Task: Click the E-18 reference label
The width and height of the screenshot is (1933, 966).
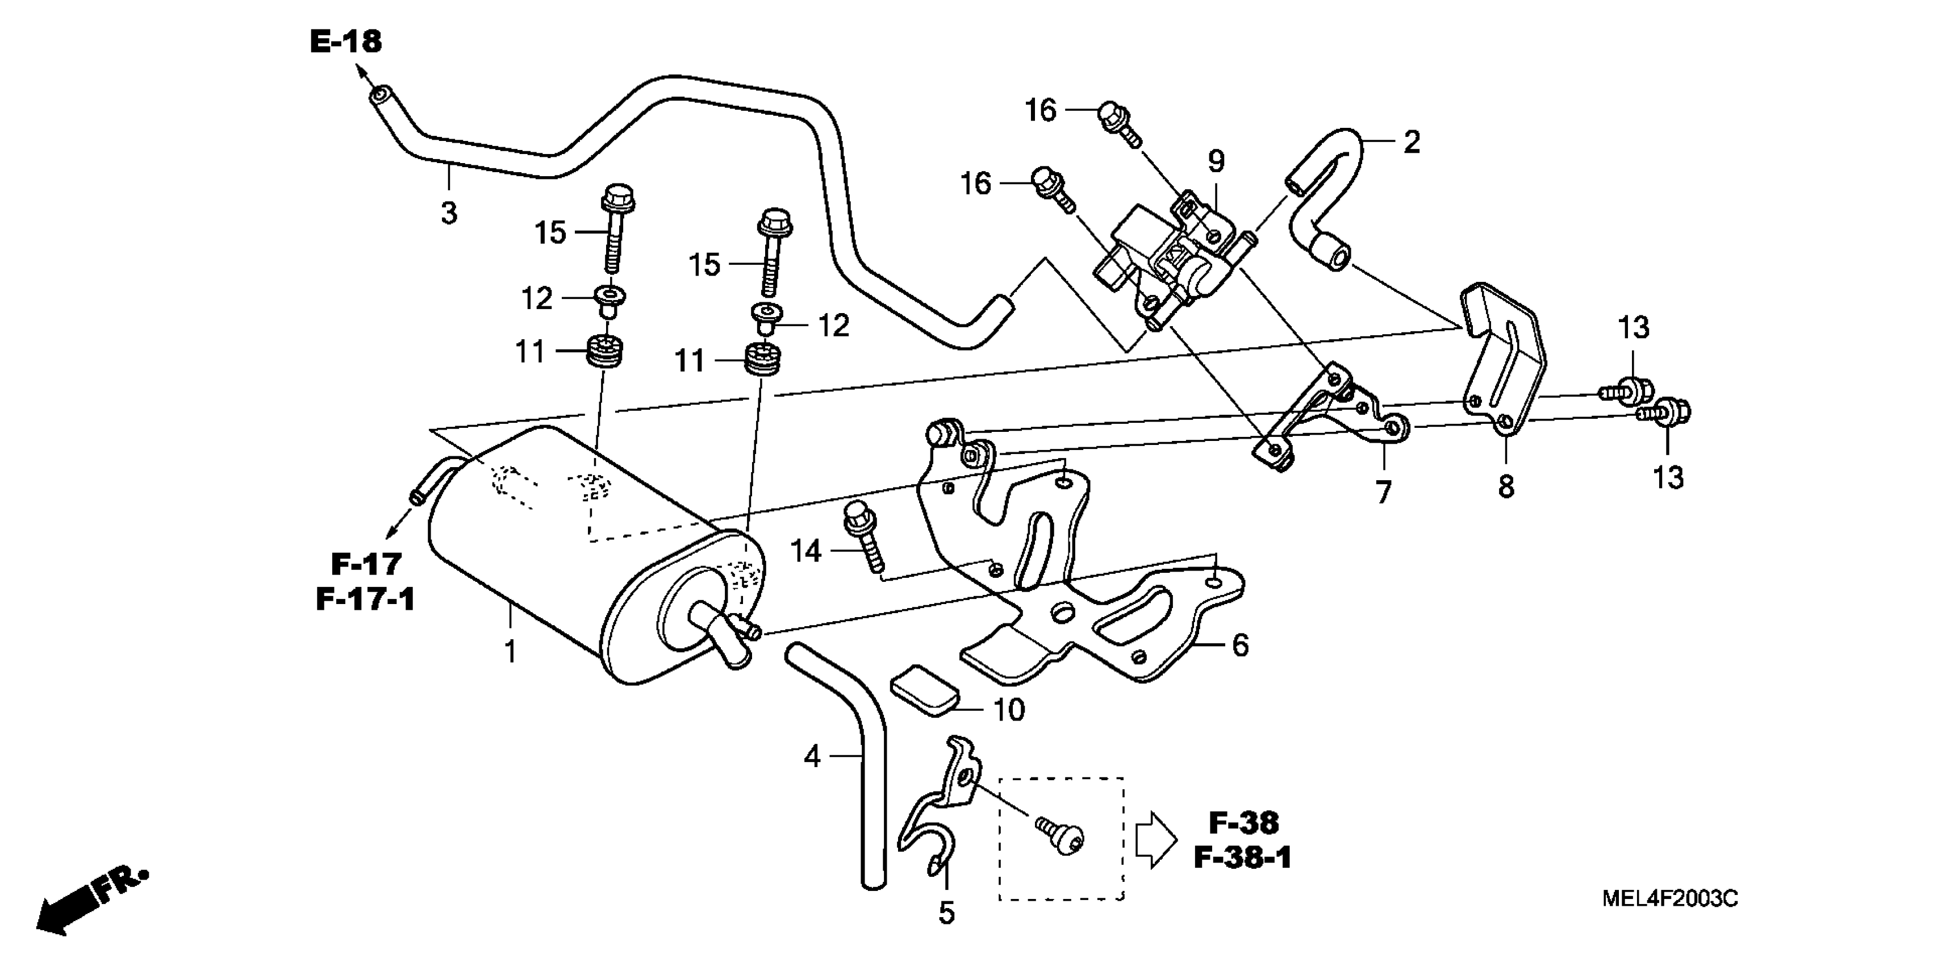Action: click(x=345, y=42)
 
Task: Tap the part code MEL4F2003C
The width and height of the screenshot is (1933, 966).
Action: click(x=1669, y=898)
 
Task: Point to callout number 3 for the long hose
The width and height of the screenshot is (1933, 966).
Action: click(x=449, y=213)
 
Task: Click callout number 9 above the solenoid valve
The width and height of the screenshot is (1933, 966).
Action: click(x=1216, y=161)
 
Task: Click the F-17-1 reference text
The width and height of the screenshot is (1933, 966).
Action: click(x=365, y=599)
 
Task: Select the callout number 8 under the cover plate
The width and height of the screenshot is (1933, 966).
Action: click(x=1506, y=487)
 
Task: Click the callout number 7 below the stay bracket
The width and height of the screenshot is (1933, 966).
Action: click(x=1383, y=493)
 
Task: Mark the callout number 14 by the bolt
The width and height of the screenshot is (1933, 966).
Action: click(x=806, y=552)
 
